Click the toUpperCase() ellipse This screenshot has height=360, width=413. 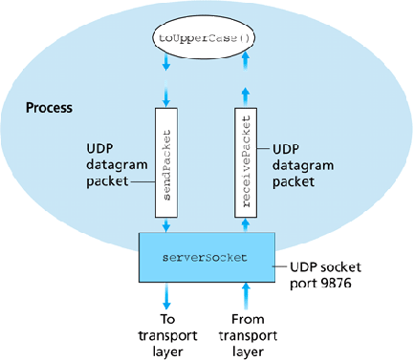(206, 40)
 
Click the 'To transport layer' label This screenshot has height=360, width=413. (166, 333)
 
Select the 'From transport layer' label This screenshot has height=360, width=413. (248, 333)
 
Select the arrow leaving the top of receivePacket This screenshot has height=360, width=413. (247, 94)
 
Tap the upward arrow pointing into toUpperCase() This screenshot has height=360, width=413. (247, 59)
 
